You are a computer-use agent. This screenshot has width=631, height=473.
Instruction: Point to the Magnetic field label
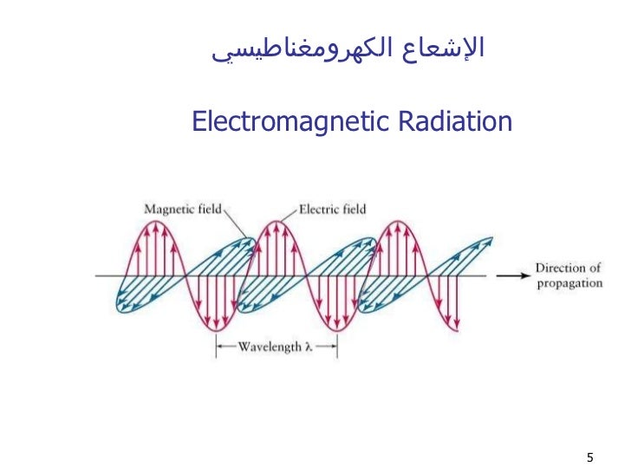[x=183, y=209]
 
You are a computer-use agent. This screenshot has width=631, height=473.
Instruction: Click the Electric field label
[x=332, y=209]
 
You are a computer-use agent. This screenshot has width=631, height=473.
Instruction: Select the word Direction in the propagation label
[x=558, y=269]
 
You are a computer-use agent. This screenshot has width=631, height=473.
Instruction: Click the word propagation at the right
[x=568, y=283]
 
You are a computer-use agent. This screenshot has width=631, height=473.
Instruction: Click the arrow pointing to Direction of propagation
[x=511, y=276]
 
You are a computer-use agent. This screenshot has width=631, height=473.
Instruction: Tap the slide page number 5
[x=589, y=457]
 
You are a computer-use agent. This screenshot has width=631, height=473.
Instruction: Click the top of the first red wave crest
[x=154, y=222]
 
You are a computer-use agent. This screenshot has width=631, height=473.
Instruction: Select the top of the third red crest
[x=398, y=222]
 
